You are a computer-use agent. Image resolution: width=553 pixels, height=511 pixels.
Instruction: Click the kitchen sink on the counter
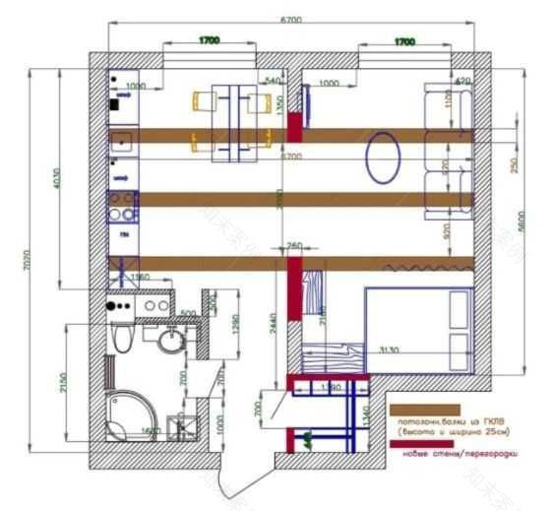(123, 139)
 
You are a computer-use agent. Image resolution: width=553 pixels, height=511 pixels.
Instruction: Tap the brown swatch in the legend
(425, 409)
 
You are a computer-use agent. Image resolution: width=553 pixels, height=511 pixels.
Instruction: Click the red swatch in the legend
(425, 444)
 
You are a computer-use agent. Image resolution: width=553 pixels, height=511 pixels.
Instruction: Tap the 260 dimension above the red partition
(293, 245)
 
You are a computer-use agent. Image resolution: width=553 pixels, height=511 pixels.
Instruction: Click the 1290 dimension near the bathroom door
(234, 324)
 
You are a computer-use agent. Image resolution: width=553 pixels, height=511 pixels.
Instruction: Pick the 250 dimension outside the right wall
(514, 163)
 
